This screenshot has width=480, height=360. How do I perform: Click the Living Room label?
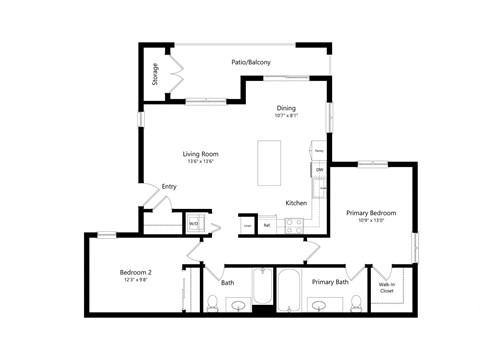pos(200,153)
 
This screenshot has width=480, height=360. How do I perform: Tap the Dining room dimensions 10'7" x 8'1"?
pos(286,116)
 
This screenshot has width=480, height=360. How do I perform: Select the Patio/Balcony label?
pos(246,63)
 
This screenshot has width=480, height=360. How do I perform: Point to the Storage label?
pos(155,74)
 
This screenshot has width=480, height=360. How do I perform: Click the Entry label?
pos(169,186)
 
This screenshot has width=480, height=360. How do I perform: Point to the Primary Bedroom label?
pos(371,213)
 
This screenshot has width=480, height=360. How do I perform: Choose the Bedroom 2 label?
pos(136,273)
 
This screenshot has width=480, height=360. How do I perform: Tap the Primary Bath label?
pos(329,283)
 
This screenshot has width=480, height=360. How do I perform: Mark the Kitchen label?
pos(296,203)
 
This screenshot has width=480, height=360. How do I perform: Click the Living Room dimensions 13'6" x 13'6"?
pos(200,162)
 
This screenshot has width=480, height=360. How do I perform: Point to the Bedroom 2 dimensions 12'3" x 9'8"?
pos(136,281)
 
